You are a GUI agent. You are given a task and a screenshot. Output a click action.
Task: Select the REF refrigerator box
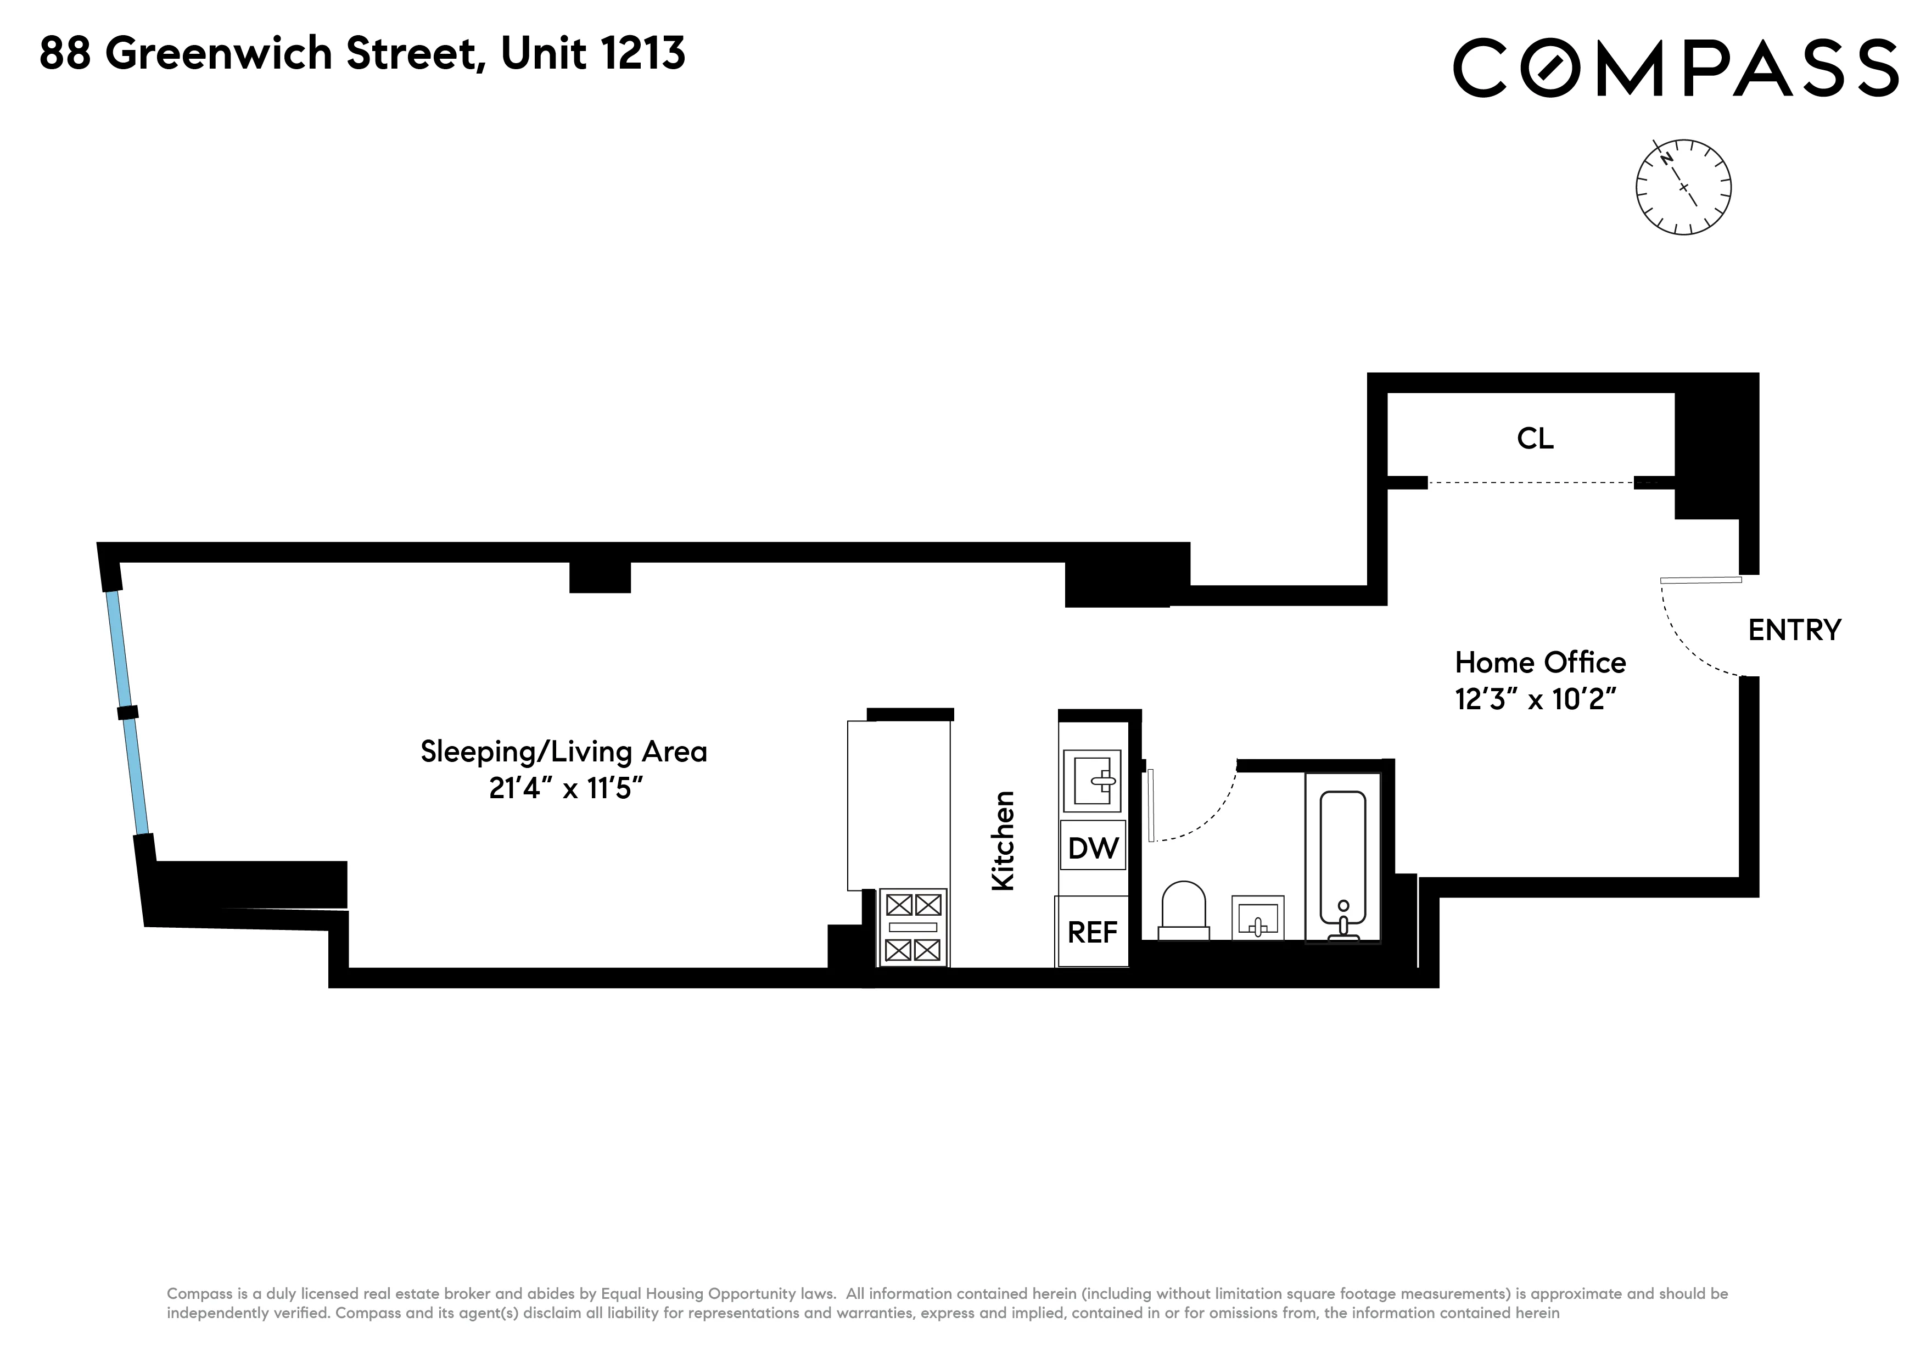pyautogui.click(x=1091, y=932)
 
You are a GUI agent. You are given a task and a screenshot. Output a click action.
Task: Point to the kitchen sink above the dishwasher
pyautogui.click(x=1092, y=781)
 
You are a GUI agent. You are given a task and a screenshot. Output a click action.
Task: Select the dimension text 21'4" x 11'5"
pyautogui.click(x=566, y=788)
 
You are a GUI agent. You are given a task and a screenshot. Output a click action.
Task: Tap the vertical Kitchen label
pyautogui.click(x=1003, y=840)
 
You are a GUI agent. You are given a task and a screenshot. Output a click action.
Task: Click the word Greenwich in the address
pyautogui.click(x=219, y=54)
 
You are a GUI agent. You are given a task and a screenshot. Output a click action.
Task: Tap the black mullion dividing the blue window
pyautogui.click(x=127, y=713)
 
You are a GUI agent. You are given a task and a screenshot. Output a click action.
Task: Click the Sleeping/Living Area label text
pyautogui.click(x=564, y=752)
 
